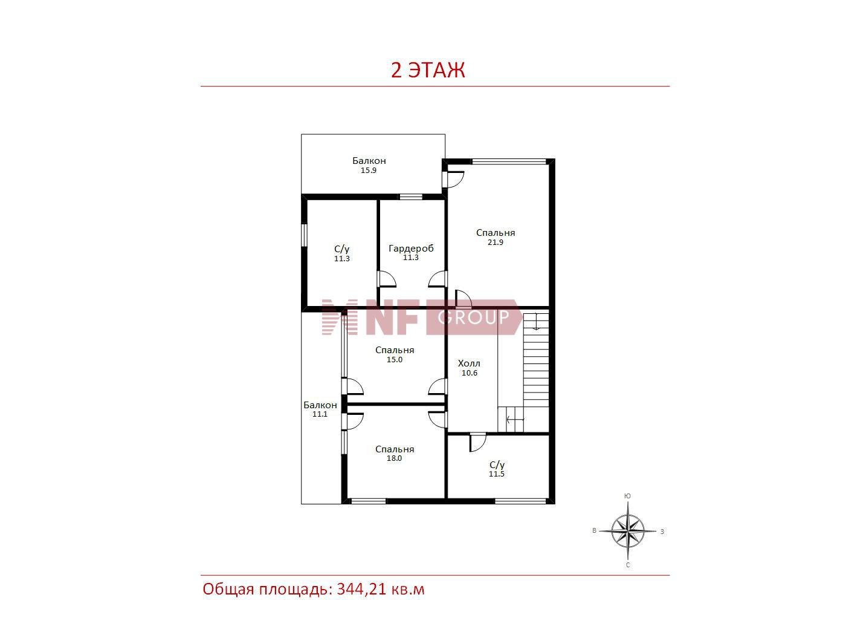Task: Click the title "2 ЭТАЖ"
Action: coord(428,70)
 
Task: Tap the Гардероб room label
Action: coord(411,249)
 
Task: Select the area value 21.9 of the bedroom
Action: coord(496,242)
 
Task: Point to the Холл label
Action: coord(469,363)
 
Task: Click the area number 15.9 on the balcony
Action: coord(369,170)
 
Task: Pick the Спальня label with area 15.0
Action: coord(395,350)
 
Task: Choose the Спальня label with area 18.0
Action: coord(395,449)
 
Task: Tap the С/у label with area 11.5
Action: coord(497,465)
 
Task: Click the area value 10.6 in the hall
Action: coord(470,373)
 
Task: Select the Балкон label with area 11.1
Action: coord(320,405)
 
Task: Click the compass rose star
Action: coord(628,531)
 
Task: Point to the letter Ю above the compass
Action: coord(627,496)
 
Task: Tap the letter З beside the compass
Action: coord(662,532)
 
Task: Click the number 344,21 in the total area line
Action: coord(361,601)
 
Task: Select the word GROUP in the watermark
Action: coord(473,317)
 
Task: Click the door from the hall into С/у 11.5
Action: coord(478,443)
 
